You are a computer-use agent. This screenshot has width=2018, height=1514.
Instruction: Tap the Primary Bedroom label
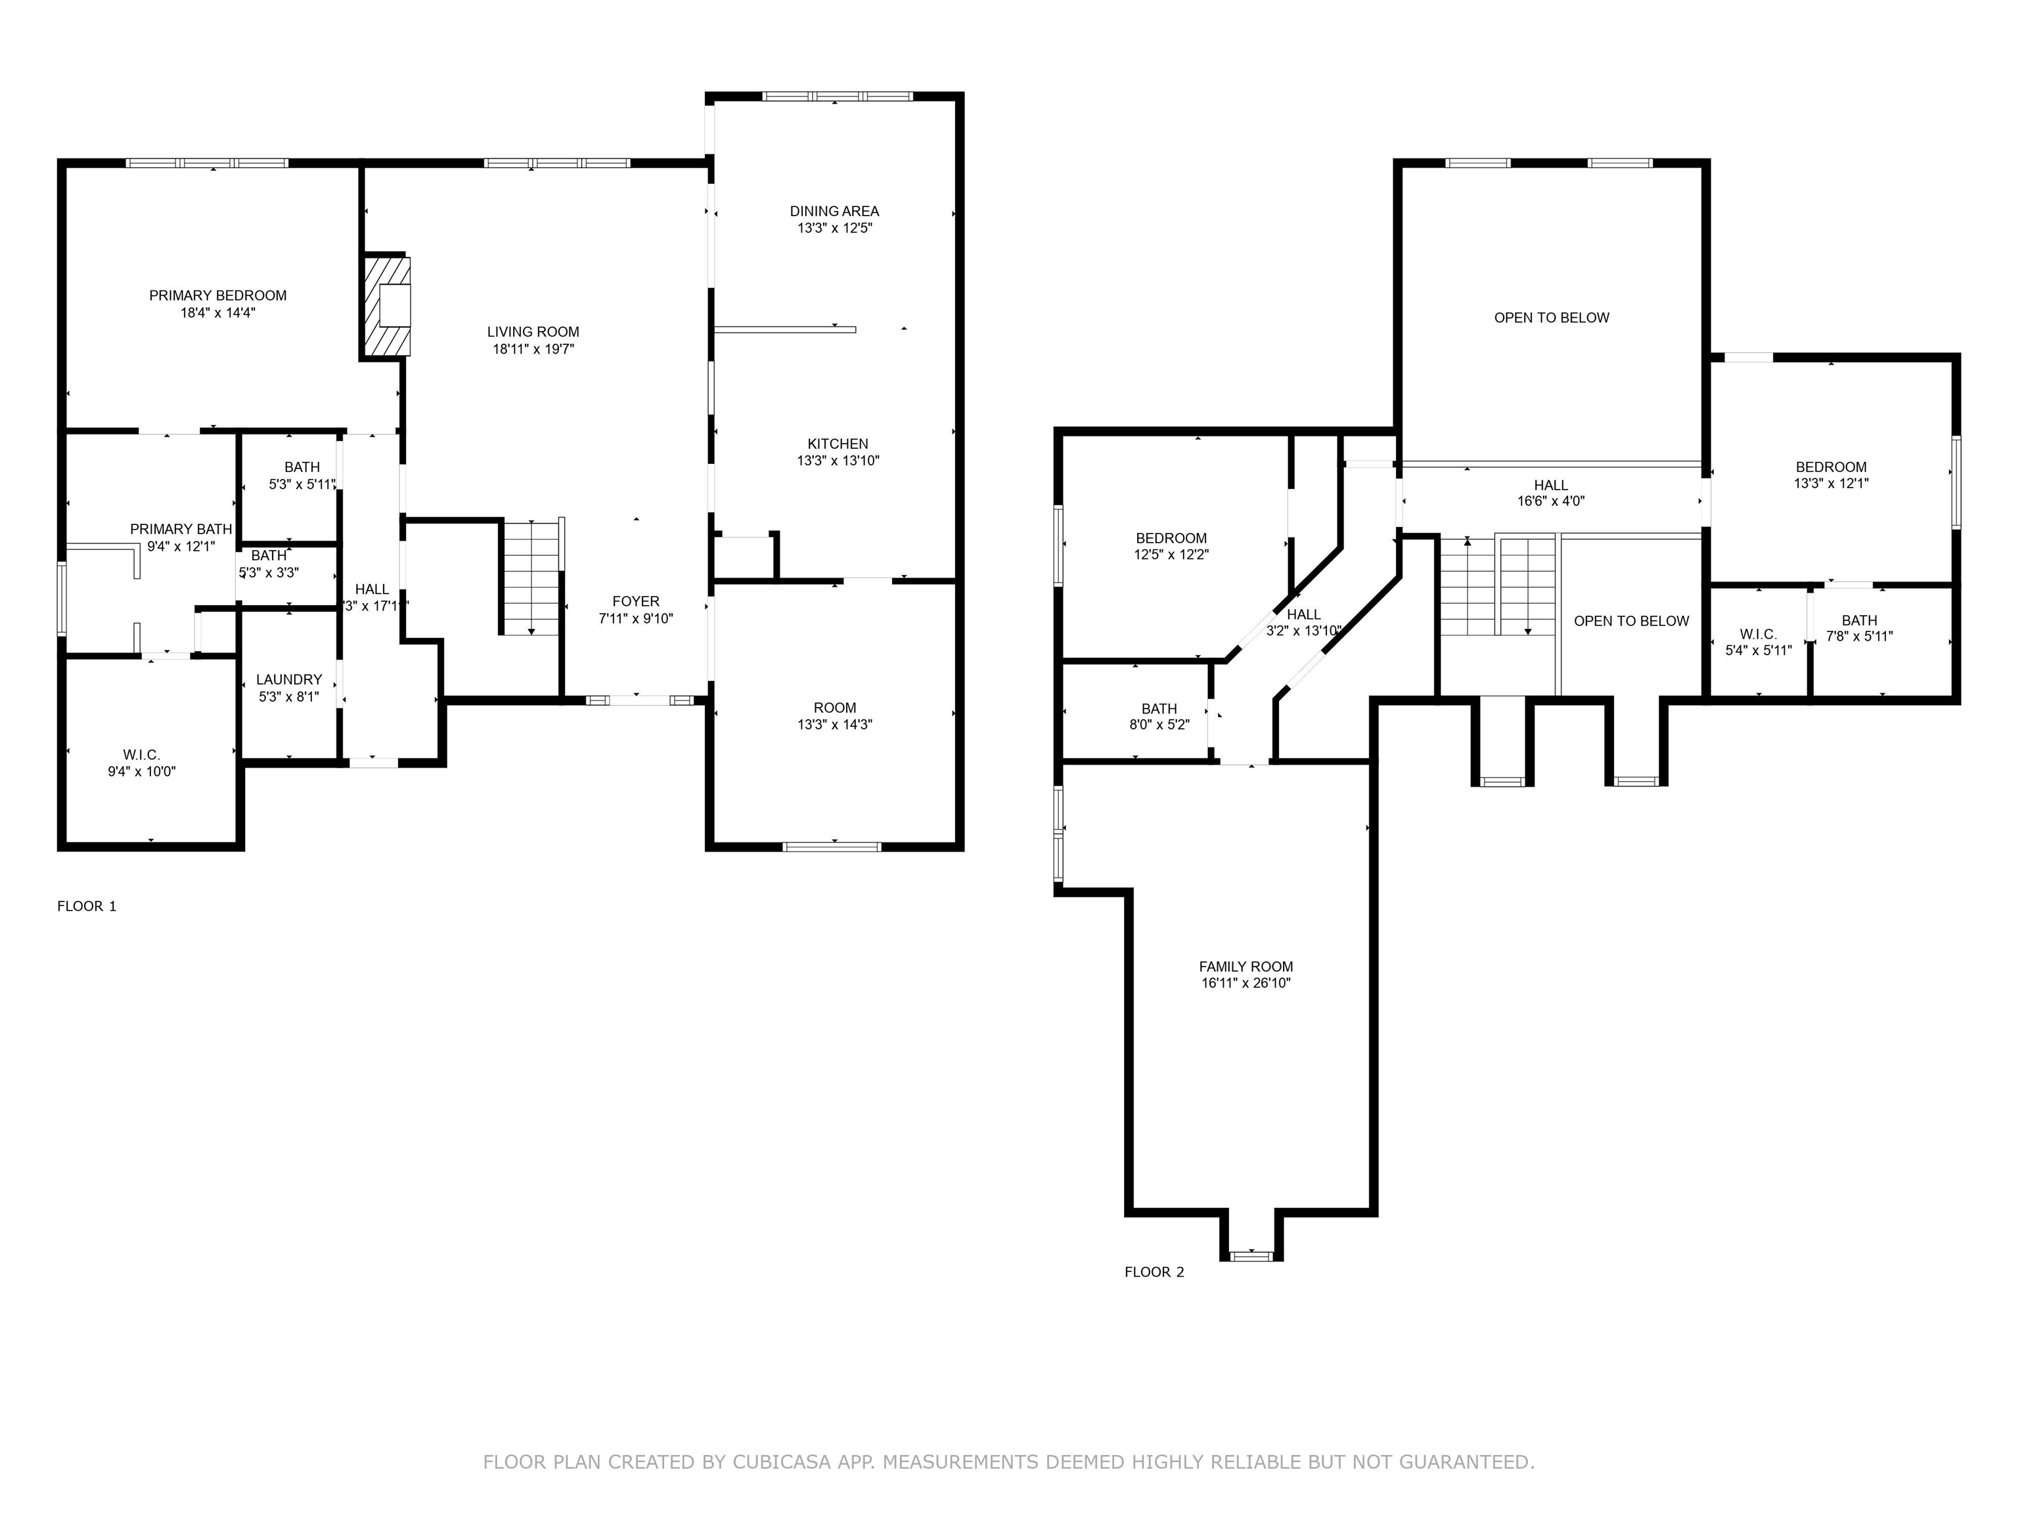[x=217, y=296]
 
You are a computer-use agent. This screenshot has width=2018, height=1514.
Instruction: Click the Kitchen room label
[x=837, y=444]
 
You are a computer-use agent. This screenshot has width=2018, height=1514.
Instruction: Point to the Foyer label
[x=635, y=601]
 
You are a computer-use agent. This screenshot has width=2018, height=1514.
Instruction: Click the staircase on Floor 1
[x=531, y=578]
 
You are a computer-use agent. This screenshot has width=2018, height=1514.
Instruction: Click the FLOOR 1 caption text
[x=87, y=906]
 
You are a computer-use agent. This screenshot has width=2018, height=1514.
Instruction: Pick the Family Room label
[x=1245, y=967]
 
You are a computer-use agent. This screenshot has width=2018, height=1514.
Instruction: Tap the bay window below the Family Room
[x=1251, y=1256]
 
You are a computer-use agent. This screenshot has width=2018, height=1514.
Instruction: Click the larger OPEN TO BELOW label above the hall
[x=1551, y=317]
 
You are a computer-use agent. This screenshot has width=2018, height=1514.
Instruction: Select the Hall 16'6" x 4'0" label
[x=1550, y=493]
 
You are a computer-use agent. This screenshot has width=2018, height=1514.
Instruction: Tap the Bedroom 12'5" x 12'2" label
[x=1171, y=545]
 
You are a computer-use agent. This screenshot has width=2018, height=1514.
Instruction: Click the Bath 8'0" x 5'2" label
[x=1159, y=716]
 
